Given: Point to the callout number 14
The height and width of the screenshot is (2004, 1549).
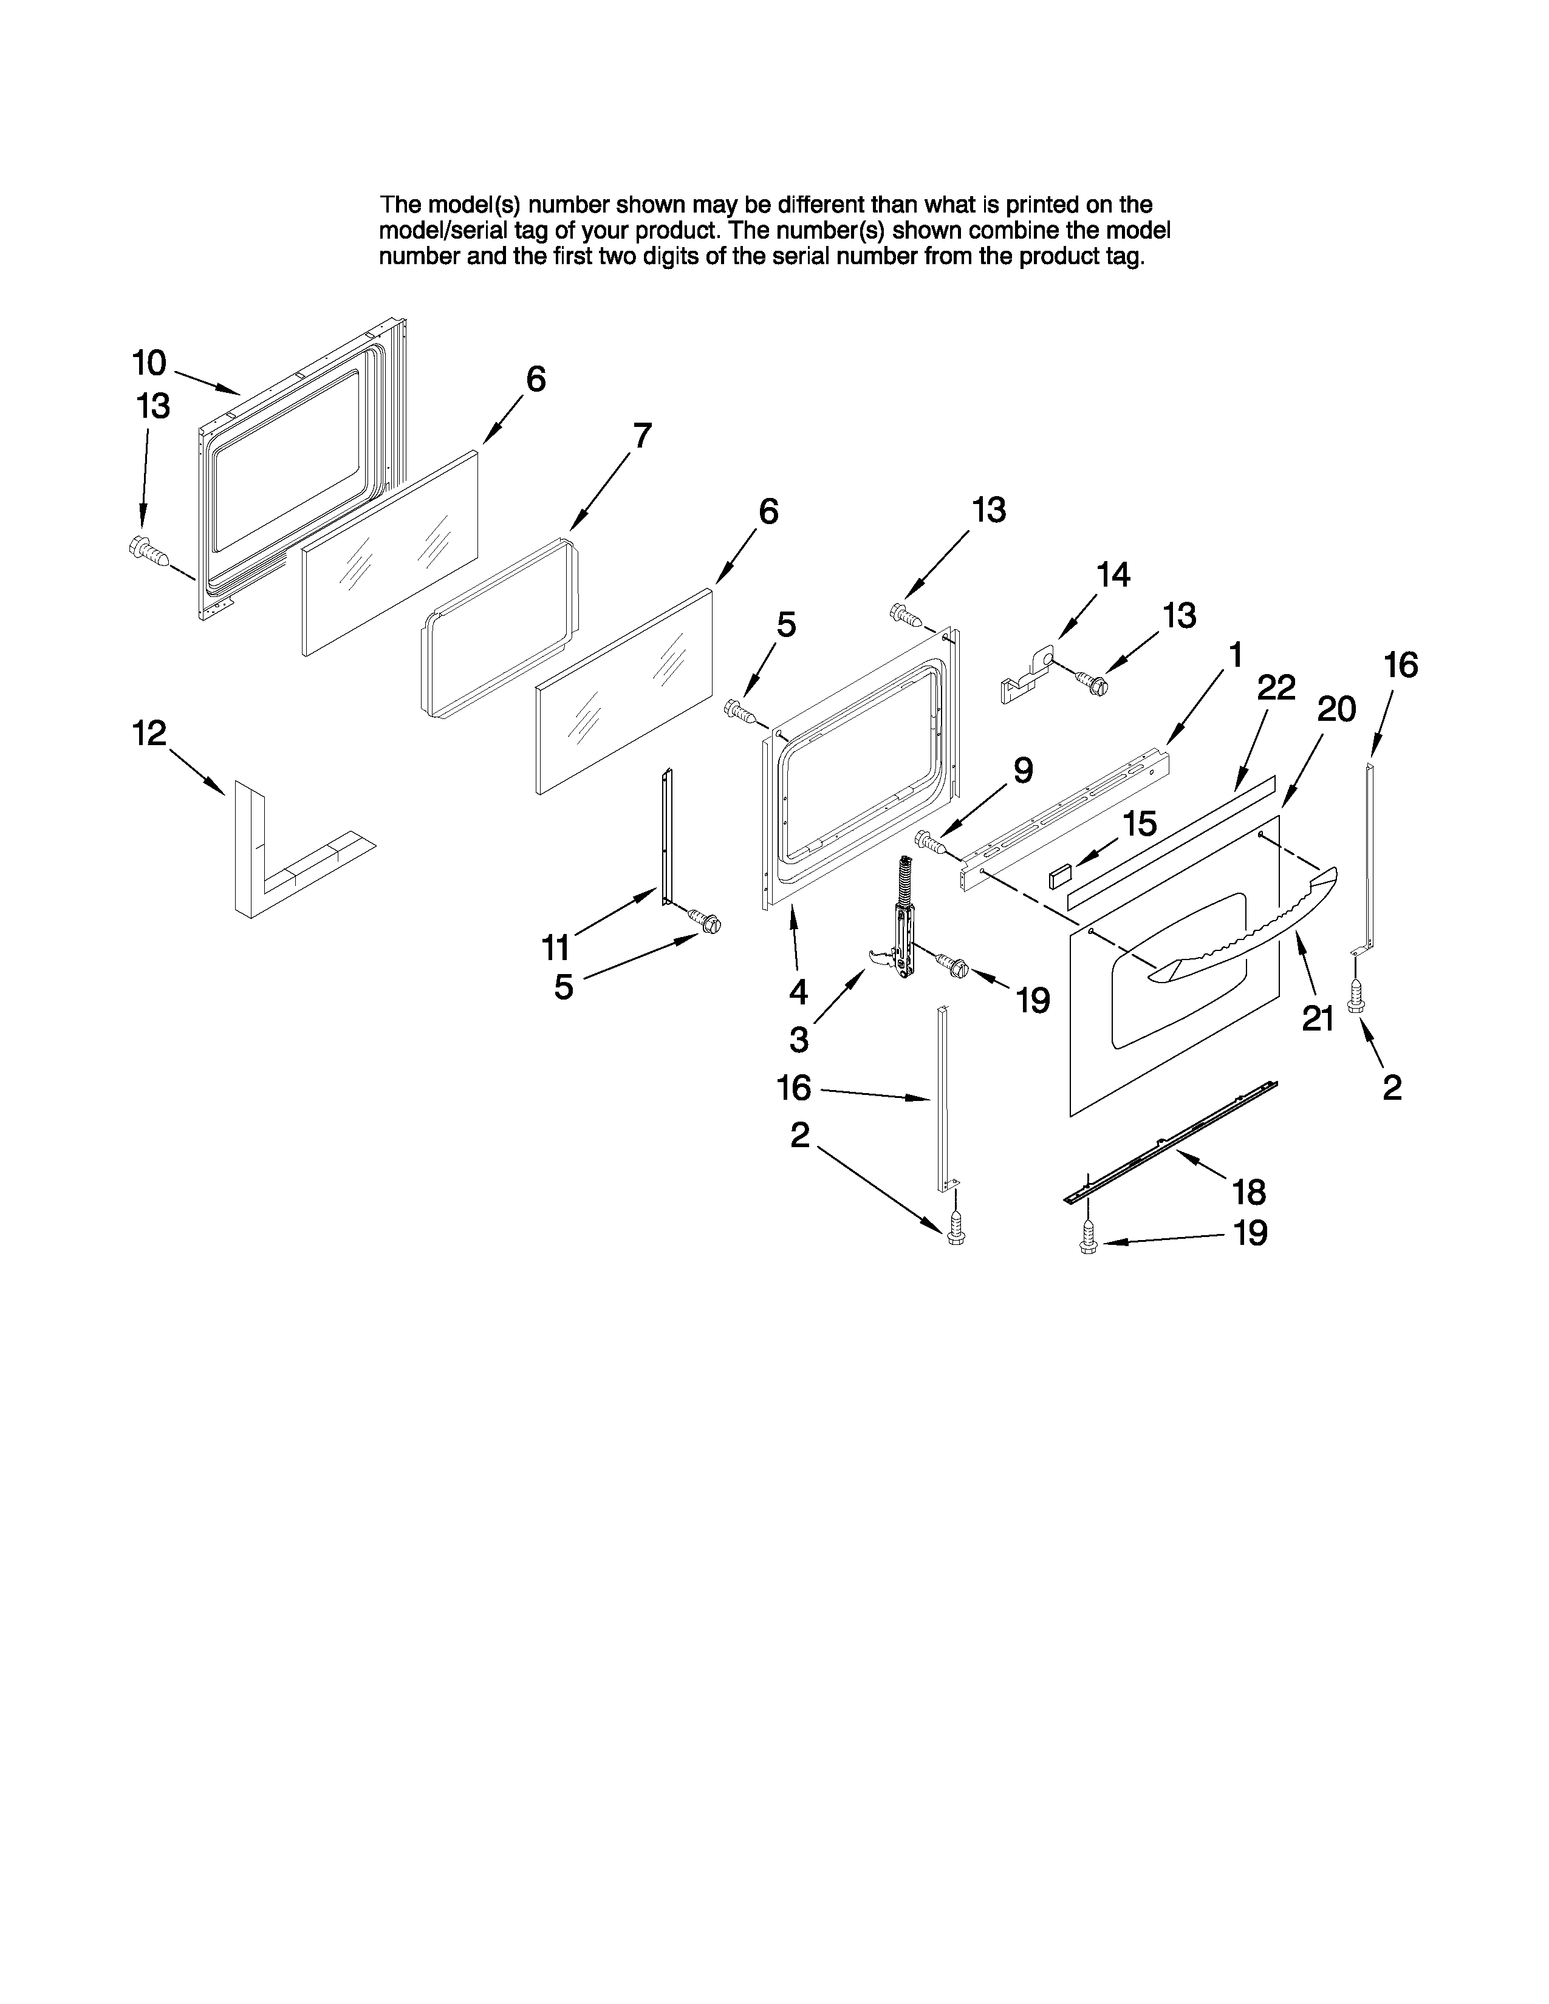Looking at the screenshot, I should [1113, 575].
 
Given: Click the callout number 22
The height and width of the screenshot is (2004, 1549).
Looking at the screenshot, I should [1276, 687].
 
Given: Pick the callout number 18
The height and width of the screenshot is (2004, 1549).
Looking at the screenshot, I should [1249, 1192].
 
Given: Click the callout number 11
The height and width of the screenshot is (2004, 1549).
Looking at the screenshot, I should [555, 946].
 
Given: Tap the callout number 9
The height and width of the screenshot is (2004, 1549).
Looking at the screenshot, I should [1023, 770].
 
